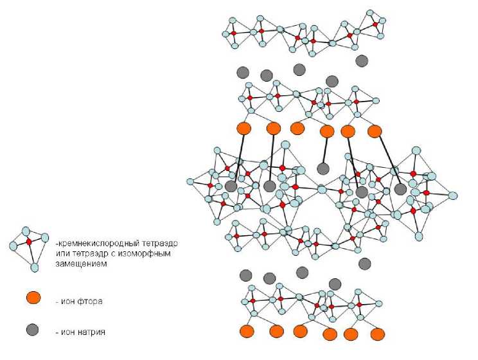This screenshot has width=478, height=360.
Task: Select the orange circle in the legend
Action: [33, 298]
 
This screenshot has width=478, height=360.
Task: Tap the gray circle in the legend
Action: [32, 330]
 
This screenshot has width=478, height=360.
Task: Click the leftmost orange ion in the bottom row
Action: [246, 331]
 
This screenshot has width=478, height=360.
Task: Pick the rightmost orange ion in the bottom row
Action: [378, 334]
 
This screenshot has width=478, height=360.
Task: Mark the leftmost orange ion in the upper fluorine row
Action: [244, 128]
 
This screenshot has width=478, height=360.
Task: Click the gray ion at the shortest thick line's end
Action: [323, 168]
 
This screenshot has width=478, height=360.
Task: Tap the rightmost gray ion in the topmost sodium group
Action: [362, 60]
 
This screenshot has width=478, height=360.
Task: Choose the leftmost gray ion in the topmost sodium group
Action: [243, 71]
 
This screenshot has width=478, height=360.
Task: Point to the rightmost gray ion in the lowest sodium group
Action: [365, 263]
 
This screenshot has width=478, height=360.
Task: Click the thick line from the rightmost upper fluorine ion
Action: [389, 159]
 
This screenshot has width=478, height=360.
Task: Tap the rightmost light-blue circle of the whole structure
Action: [453, 195]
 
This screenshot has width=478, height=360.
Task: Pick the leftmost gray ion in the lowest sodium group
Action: [245, 275]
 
